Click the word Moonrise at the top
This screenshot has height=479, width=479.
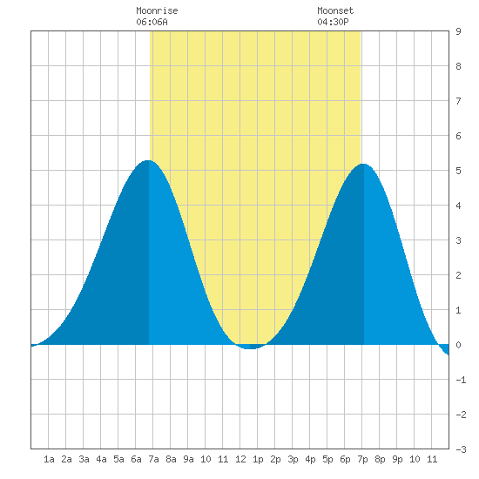click(x=157, y=10)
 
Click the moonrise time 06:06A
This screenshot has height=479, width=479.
click(x=152, y=22)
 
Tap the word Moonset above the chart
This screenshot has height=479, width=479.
click(x=335, y=10)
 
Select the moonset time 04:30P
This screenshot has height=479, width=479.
click(x=333, y=22)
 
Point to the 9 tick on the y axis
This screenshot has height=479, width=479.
click(x=458, y=31)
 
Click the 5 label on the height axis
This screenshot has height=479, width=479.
click(x=458, y=171)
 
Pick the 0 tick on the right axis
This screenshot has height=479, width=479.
click(x=458, y=345)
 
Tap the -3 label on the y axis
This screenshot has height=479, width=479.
click(x=461, y=449)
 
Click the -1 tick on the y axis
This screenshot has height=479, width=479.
click(x=461, y=380)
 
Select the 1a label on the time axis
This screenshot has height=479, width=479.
click(x=49, y=459)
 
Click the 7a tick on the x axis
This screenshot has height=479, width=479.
click(x=153, y=459)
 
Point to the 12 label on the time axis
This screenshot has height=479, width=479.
click(x=240, y=459)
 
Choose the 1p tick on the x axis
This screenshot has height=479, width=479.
click(x=258, y=459)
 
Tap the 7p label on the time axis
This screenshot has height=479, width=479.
click(x=362, y=459)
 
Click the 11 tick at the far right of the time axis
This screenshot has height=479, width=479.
click(x=432, y=459)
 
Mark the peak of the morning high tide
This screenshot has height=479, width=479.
click(x=148, y=160)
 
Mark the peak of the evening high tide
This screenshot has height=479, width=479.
click(x=363, y=165)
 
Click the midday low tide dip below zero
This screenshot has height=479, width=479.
click(x=250, y=347)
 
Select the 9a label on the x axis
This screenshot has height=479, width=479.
click(x=188, y=459)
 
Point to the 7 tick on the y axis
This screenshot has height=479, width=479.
click(x=458, y=101)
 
